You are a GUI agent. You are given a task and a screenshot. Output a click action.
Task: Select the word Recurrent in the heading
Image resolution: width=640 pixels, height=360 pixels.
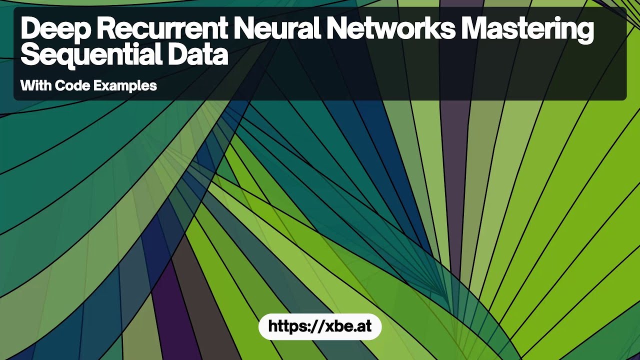click(x=161, y=28)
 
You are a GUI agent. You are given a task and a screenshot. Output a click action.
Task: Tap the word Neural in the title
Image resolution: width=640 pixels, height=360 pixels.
click(x=277, y=28)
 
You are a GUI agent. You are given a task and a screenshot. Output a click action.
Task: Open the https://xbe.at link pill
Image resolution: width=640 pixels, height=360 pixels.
click(x=320, y=326)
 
